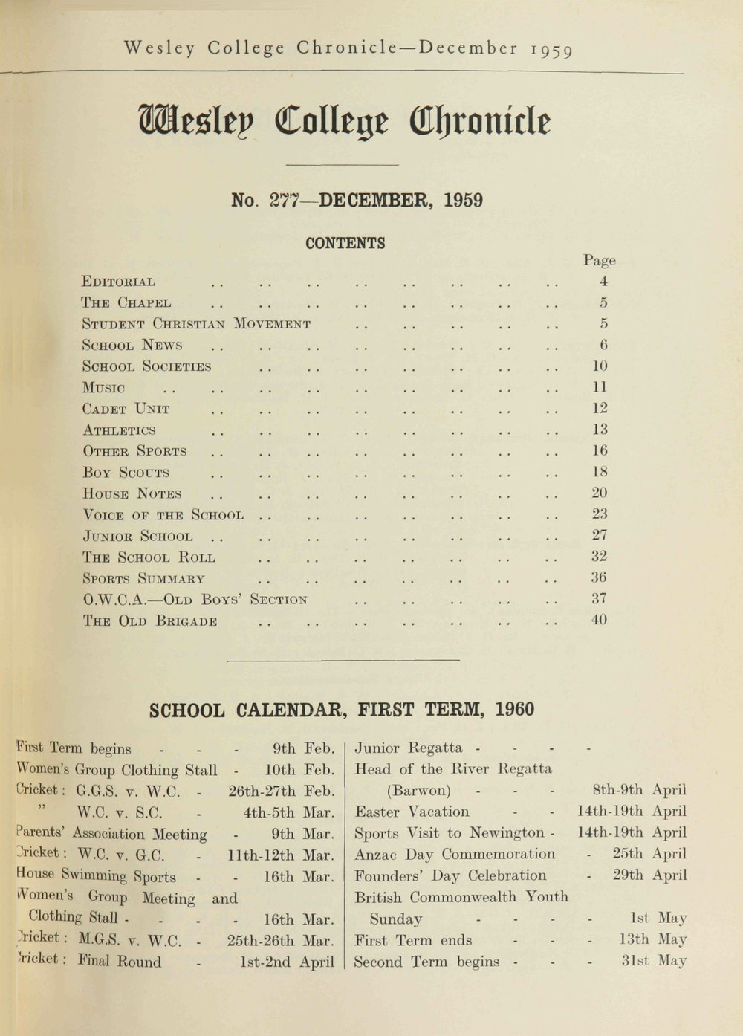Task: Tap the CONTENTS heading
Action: pyautogui.click(x=345, y=243)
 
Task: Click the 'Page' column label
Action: pyautogui.click(x=599, y=260)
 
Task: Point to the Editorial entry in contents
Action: pyautogui.click(x=118, y=282)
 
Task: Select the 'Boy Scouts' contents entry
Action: pyautogui.click(x=126, y=473)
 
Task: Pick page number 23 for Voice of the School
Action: pyautogui.click(x=600, y=514)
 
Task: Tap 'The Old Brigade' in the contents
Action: pyautogui.click(x=149, y=621)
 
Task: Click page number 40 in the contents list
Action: pyautogui.click(x=600, y=619)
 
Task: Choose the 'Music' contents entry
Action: pyautogui.click(x=103, y=388)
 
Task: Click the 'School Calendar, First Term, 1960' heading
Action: pyautogui.click(x=342, y=710)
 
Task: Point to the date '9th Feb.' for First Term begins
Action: pyautogui.click(x=304, y=748)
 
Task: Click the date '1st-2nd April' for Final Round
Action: pyautogui.click(x=287, y=961)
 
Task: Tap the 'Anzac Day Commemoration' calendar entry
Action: pyautogui.click(x=454, y=855)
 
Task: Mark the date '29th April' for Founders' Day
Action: pyautogui.click(x=649, y=875)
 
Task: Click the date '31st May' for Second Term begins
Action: pyautogui.click(x=654, y=961)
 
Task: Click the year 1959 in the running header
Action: pyautogui.click(x=551, y=50)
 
